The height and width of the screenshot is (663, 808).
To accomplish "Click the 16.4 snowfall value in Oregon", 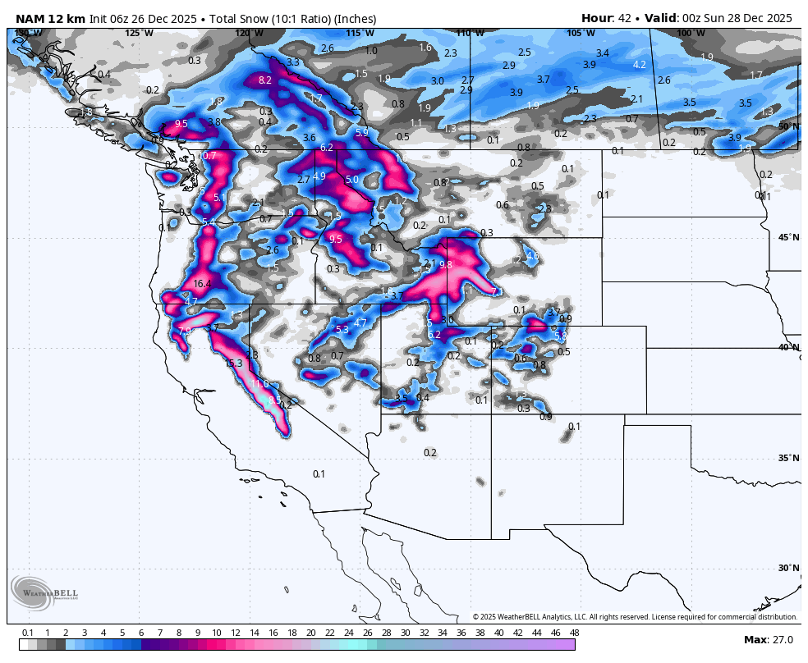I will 202,284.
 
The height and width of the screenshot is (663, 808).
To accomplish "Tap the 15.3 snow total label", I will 234,364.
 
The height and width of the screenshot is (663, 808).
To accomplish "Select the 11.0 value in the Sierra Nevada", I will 259,384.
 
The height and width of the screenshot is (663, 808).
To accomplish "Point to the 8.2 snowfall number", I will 265,80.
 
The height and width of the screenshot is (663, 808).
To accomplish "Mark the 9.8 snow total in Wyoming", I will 446,265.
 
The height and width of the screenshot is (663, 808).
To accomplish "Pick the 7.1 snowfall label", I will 497,292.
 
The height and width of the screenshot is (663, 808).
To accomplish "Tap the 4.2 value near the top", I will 640,65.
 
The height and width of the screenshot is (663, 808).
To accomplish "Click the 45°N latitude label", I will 788,238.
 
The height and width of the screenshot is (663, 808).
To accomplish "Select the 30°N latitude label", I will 788,568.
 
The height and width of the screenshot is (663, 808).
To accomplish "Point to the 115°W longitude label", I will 360,33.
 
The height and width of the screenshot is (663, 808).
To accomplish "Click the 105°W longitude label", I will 581,33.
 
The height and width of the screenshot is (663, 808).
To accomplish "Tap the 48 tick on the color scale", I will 574,633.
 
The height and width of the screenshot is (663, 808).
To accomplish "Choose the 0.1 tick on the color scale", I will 27,633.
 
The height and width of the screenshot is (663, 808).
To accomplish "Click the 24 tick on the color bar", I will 348,633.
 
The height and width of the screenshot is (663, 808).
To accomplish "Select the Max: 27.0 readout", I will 767,640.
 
